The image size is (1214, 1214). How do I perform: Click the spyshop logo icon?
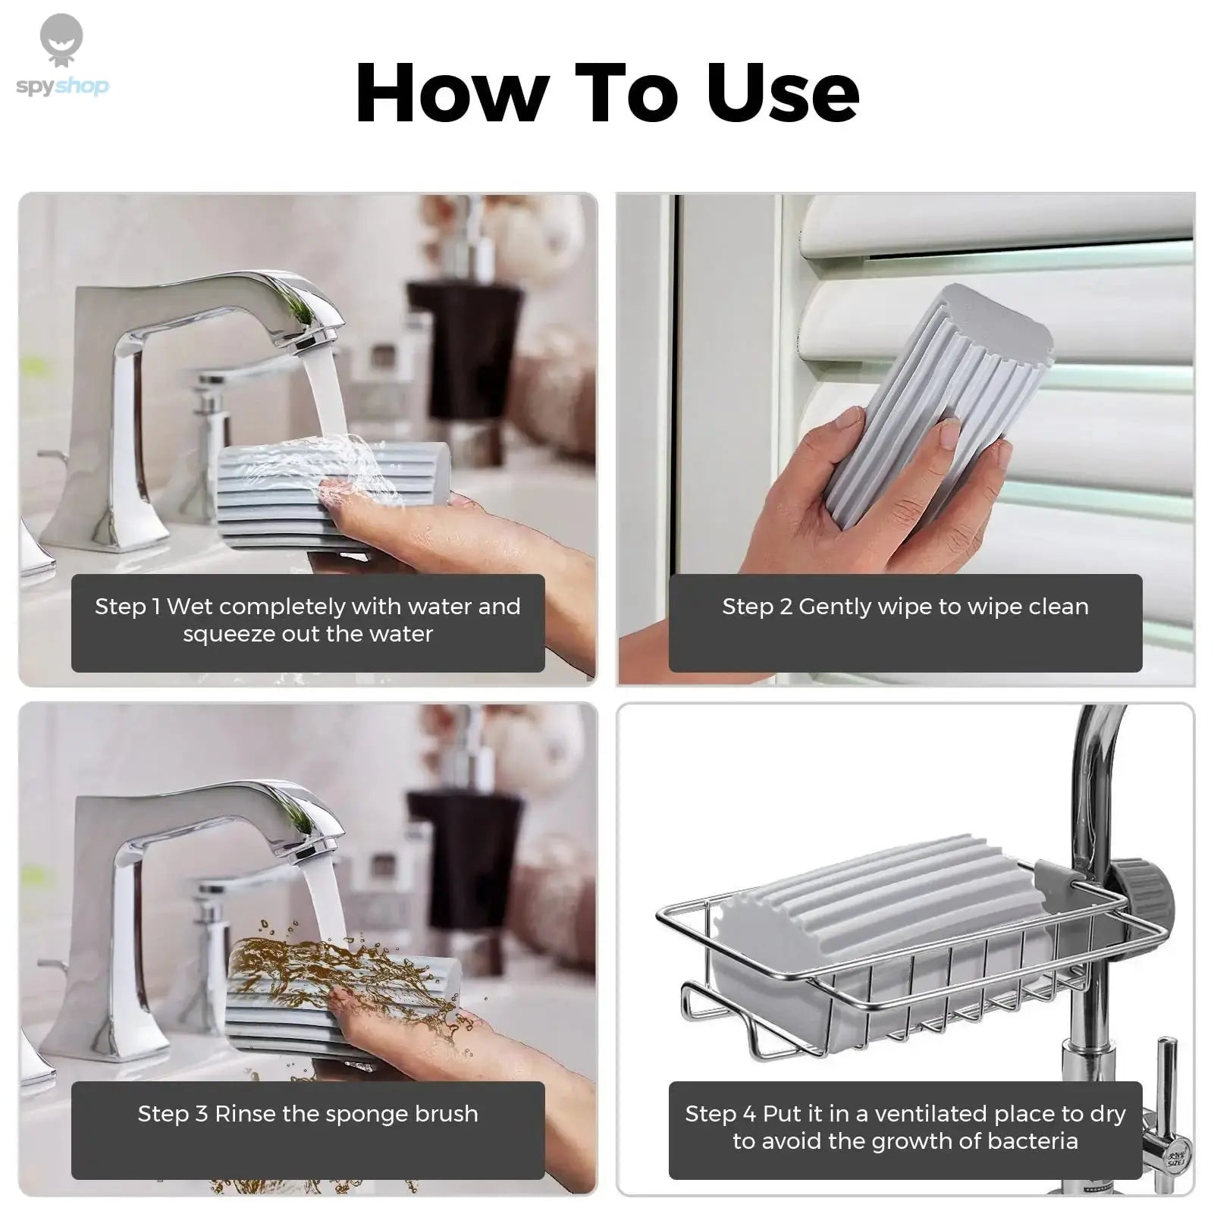(61, 42)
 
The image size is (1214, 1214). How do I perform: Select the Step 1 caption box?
(308, 623)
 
